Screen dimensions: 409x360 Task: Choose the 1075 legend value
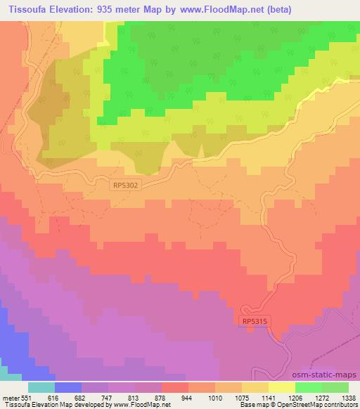point(241,397)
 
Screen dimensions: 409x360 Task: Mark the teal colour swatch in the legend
point(41,387)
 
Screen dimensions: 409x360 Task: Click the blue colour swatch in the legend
point(68,387)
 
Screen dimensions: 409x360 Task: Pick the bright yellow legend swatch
point(282,387)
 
